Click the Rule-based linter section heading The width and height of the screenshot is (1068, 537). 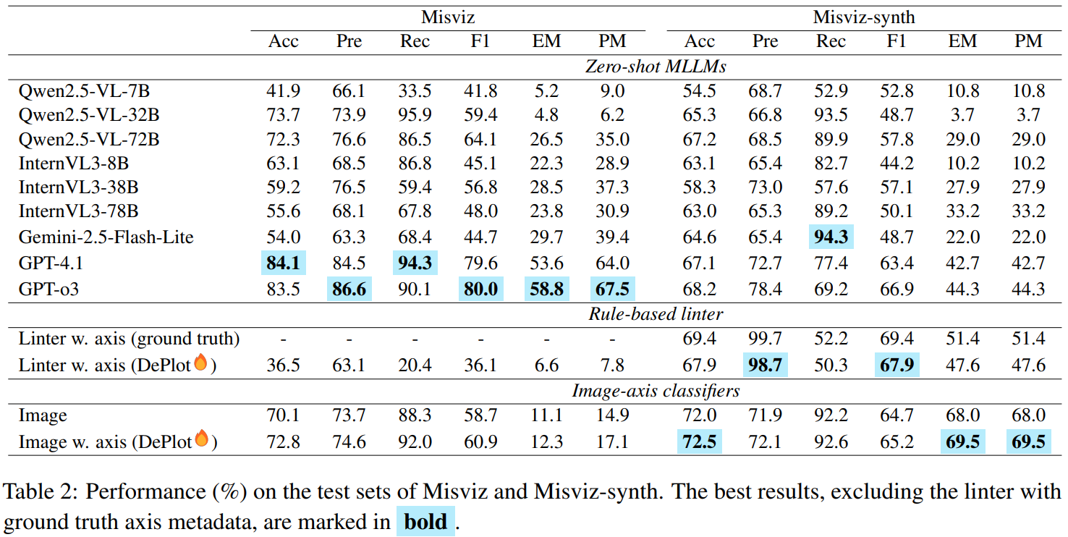click(657, 313)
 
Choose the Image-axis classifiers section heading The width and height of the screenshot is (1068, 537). click(656, 391)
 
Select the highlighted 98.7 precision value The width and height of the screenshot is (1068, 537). click(765, 364)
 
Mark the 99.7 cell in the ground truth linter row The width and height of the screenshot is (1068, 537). click(765, 339)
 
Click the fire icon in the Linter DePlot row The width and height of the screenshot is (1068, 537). click(200, 363)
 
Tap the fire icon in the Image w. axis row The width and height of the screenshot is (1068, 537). click(201, 439)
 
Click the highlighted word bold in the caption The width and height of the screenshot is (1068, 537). click(425, 521)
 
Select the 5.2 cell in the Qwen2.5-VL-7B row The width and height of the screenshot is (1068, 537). click(546, 90)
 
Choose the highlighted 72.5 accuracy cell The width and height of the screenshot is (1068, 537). click(699, 441)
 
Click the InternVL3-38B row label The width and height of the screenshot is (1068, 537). click(79, 187)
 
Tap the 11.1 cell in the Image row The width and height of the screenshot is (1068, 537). click(546, 416)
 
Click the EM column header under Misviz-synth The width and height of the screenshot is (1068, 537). click(962, 41)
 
